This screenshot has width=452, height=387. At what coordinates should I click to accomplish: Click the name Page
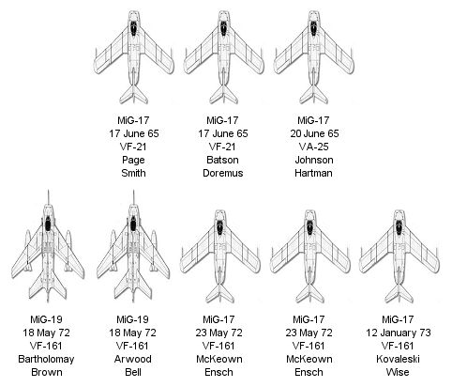133,160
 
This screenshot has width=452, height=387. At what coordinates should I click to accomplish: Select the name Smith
133,173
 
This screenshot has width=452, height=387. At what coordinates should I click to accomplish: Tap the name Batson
222,160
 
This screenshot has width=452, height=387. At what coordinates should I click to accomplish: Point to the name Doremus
222,173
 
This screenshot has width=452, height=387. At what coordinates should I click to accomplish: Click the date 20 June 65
314,133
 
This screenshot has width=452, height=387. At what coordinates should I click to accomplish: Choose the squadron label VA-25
313,147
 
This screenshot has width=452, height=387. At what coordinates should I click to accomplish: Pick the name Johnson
314,160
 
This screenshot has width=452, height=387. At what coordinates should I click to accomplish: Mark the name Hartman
313,173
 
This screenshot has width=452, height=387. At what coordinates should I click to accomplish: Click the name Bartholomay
46,359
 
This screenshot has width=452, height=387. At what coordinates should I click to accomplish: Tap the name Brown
46,372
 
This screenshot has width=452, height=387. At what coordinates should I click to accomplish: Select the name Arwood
132,359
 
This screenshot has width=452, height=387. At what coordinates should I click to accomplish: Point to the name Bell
133,372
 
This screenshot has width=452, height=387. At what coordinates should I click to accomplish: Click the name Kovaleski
398,359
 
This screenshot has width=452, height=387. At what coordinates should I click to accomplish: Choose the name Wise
398,372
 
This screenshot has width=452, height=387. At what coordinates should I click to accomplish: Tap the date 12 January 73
398,333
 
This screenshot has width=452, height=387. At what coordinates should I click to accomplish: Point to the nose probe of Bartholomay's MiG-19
48,197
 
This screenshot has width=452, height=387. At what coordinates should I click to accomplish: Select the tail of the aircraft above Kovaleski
398,294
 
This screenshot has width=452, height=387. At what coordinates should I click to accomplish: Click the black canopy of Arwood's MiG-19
133,224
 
